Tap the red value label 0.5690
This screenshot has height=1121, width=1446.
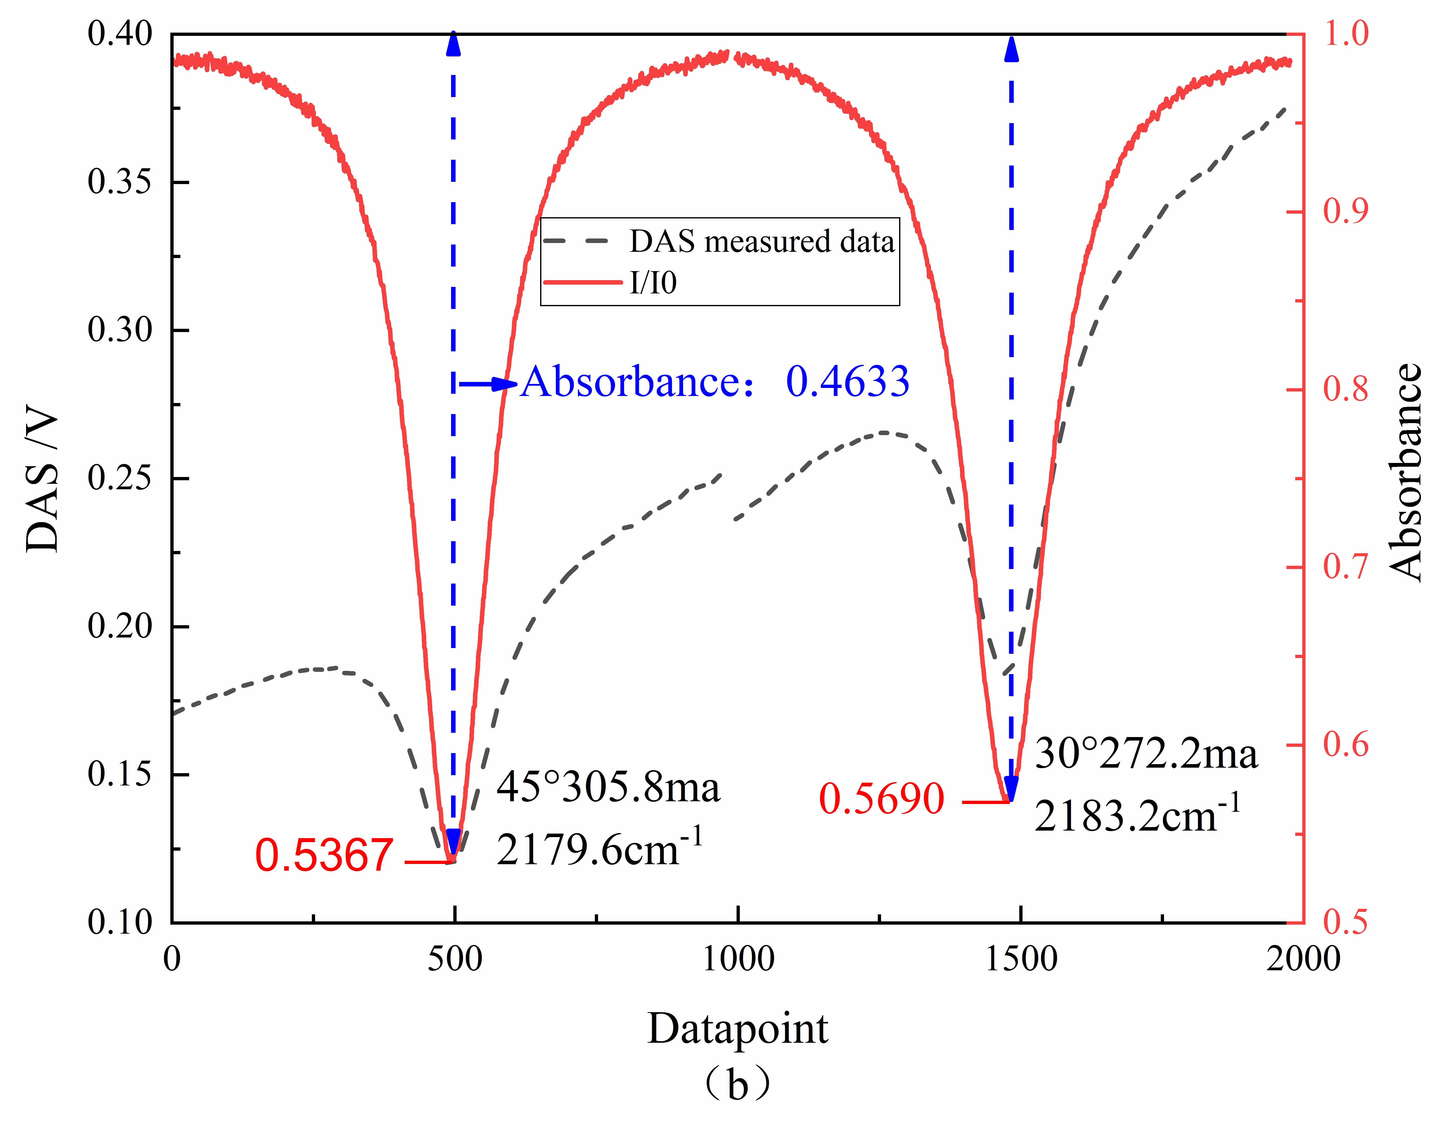click(881, 799)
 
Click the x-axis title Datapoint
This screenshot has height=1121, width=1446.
click(737, 1030)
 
